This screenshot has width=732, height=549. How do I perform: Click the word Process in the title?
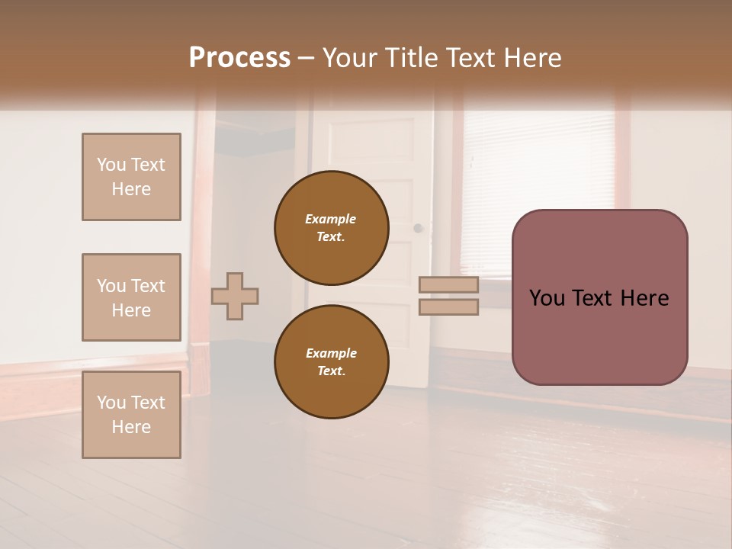239,58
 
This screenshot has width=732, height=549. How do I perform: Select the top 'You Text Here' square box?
131,177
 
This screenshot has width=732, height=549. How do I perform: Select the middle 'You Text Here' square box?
131,297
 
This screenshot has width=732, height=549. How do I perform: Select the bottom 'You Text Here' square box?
131,415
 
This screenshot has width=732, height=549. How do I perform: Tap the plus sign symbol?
235,296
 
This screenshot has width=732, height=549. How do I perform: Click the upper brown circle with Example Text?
332,227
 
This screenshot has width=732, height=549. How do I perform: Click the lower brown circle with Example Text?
332,361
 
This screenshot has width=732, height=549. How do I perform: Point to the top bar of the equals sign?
448,284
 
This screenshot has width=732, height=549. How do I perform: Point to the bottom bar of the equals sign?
448,307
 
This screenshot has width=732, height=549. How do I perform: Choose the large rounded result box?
599,297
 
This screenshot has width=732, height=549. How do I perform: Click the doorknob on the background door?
418,228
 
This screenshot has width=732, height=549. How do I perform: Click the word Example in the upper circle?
331,219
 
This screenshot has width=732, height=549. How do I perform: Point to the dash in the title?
306,58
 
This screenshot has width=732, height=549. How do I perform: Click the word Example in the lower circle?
331,353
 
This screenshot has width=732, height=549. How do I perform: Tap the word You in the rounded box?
547,298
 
